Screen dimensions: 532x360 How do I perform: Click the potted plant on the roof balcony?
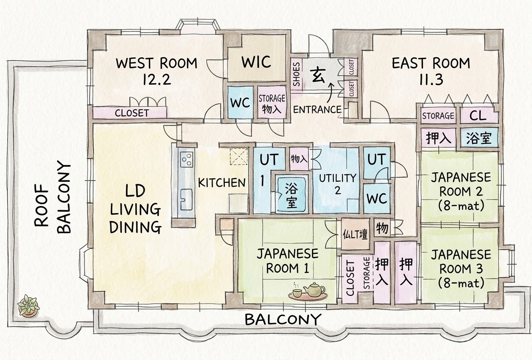[x=28, y=305]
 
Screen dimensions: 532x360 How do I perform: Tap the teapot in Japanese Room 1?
[x=314, y=290]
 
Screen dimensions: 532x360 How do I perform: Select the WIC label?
[x=256, y=62]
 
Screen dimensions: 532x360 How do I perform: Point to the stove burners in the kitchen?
[x=186, y=159]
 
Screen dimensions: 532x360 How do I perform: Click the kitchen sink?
[x=186, y=200]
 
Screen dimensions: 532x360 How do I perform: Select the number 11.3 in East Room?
[x=431, y=79]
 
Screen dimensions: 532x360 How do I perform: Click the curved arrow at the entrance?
[x=330, y=95]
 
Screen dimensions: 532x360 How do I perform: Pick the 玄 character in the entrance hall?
[x=318, y=74]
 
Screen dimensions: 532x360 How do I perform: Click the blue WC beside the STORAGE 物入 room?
[x=240, y=102]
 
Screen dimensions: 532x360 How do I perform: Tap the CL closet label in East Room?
[x=478, y=116]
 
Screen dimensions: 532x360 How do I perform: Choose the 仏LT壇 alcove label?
[x=355, y=234]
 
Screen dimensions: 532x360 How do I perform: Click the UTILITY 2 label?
[x=338, y=184]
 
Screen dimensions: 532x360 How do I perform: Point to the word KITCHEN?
[x=221, y=183]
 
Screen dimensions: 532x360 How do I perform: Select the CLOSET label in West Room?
[x=132, y=113]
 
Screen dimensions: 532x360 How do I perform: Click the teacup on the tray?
[x=297, y=292]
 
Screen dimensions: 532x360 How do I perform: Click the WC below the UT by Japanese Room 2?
[x=377, y=199]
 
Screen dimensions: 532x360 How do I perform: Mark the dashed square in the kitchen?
[x=239, y=156]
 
